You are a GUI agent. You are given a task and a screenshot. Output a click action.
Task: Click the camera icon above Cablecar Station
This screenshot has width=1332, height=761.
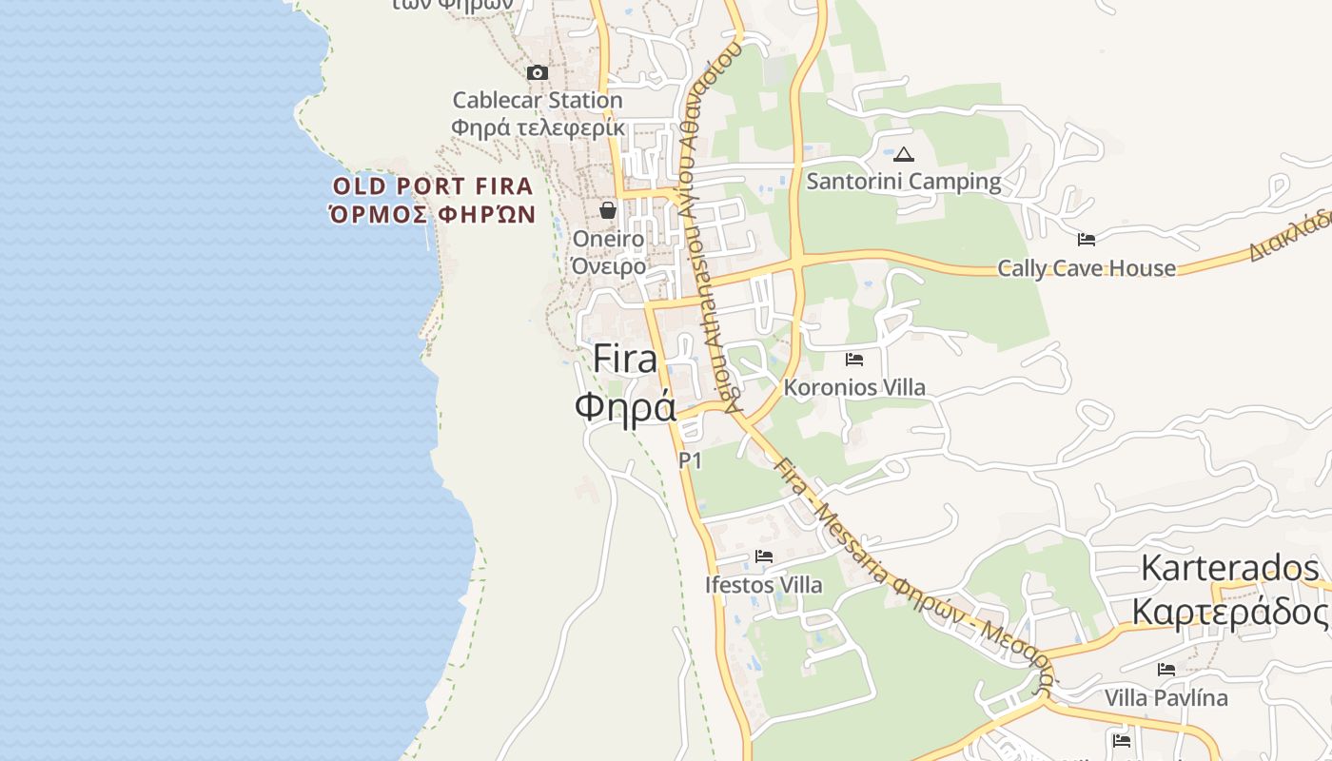pyautogui.click(x=538, y=72)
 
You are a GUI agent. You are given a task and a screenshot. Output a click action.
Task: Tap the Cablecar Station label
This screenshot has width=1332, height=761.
pyautogui.click(x=538, y=100)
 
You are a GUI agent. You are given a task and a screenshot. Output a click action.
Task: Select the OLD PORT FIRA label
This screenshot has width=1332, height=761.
pyautogui.click(x=433, y=185)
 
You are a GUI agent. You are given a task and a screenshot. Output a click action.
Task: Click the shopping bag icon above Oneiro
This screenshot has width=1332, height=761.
pyautogui.click(x=608, y=210)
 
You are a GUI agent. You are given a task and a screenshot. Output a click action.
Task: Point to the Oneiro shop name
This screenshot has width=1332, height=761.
pyautogui.click(x=608, y=239)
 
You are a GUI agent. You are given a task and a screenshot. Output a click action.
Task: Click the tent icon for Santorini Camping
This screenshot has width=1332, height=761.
pyautogui.click(x=903, y=154)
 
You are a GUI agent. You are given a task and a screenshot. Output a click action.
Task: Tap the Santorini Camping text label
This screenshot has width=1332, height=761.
pyautogui.click(x=903, y=181)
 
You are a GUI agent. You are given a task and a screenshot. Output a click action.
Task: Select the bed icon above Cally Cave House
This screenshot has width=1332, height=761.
pyautogui.click(x=1087, y=240)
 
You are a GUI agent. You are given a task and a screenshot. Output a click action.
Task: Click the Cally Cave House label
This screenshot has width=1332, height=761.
pyautogui.click(x=1087, y=268)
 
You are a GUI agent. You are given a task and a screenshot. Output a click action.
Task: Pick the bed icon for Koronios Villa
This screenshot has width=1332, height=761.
pyautogui.click(x=854, y=360)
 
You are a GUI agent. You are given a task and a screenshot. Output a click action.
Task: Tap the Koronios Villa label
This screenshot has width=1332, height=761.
pyautogui.click(x=854, y=387)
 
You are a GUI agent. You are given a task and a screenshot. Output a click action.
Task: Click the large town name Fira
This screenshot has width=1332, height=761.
pyautogui.click(x=625, y=359)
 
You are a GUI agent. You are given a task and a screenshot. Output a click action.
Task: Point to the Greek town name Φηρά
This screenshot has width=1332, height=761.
pyautogui.click(x=625, y=406)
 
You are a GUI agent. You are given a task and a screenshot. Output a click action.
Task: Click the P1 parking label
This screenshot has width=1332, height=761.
pyautogui.click(x=690, y=460)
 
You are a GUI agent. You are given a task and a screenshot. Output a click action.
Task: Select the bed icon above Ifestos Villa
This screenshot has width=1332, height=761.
pyautogui.click(x=764, y=556)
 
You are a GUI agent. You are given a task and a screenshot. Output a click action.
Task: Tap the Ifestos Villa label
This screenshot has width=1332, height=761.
pyautogui.click(x=764, y=584)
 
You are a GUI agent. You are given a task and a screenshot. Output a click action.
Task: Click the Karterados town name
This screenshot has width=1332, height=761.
pyautogui.click(x=1229, y=568)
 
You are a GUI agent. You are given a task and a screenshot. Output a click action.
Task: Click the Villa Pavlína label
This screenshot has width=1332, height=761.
pyautogui.click(x=1165, y=697)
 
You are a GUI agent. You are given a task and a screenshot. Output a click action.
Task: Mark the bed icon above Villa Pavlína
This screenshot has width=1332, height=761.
pyautogui.click(x=1166, y=670)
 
